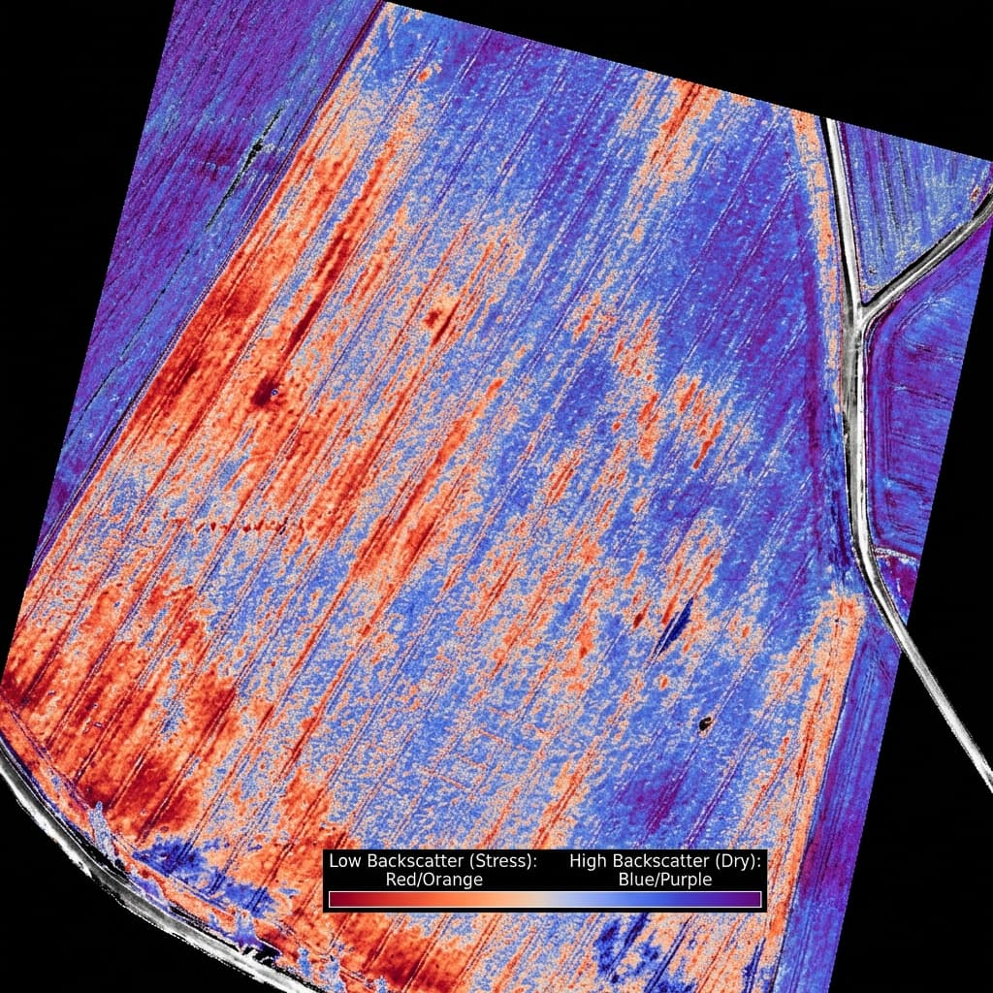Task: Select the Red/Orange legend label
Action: [433, 880]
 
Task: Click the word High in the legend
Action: [588, 860]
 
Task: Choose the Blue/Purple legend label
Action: [665, 880]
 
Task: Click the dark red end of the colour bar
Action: [336, 899]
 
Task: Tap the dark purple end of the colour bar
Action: [754, 899]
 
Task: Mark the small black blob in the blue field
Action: [705, 721]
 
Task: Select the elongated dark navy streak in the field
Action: [674, 625]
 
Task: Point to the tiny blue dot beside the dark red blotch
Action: [275, 392]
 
